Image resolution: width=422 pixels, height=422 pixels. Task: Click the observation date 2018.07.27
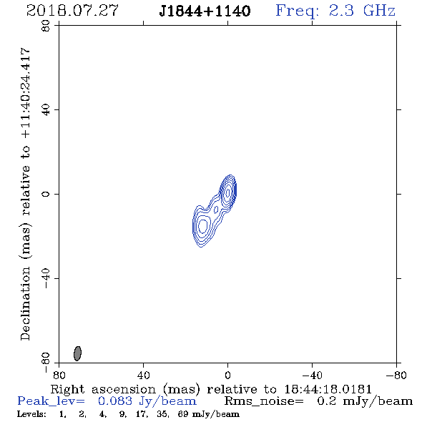click(72, 11)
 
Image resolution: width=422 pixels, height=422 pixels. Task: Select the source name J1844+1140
click(205, 11)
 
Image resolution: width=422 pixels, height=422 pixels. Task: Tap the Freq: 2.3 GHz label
click(335, 11)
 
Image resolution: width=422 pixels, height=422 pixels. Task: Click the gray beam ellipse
click(77, 353)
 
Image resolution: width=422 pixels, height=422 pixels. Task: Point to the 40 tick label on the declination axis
click(46, 110)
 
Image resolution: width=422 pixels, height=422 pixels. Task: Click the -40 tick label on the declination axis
click(46, 278)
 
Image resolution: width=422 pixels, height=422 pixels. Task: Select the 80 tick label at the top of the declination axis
click(46, 26)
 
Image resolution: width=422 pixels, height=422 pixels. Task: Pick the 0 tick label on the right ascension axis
click(227, 375)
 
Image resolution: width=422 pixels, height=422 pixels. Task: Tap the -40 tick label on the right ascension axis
click(312, 375)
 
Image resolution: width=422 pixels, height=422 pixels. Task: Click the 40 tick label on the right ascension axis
click(144, 375)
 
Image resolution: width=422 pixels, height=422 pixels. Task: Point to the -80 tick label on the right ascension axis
click(396, 375)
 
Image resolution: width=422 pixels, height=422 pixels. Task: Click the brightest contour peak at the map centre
click(228, 192)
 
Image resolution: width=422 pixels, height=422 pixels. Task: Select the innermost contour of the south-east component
click(202, 225)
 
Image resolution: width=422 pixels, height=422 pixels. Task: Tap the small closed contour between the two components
click(216, 210)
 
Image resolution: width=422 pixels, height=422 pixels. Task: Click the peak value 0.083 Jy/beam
click(147, 401)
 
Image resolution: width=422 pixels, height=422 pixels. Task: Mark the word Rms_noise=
click(264, 401)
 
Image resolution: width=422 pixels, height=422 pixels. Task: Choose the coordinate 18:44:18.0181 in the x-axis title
click(328, 389)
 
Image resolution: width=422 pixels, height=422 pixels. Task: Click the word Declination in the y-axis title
click(25, 303)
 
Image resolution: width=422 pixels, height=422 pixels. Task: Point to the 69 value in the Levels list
click(182, 414)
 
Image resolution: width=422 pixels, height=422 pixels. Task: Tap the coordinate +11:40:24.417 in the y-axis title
click(26, 93)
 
